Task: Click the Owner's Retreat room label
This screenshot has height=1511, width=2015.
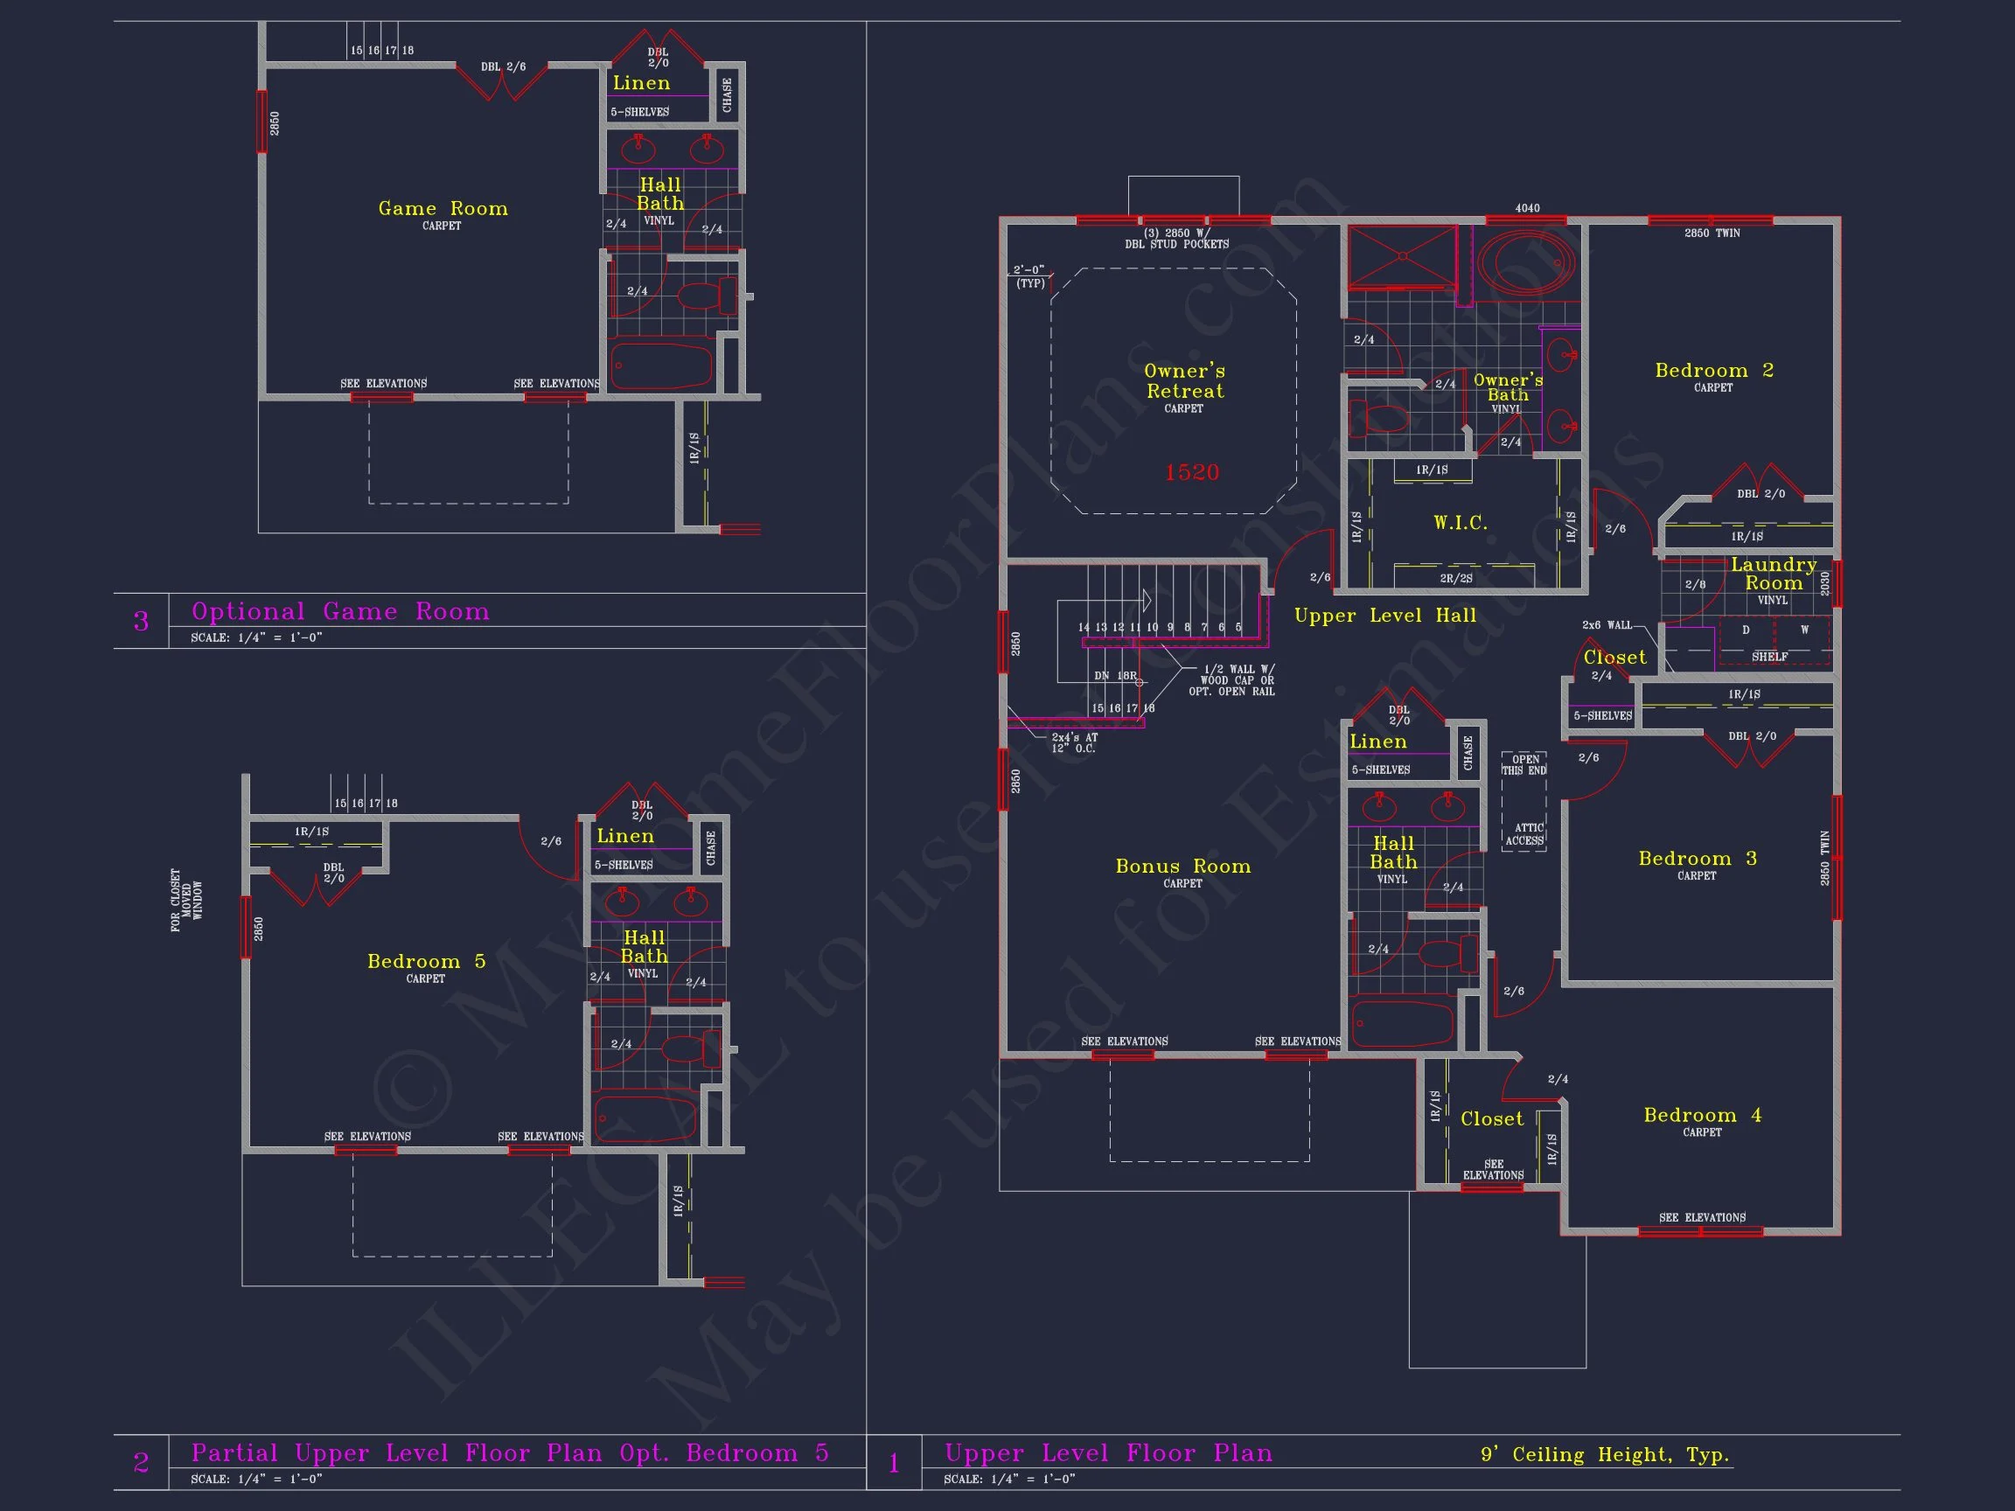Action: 1184,380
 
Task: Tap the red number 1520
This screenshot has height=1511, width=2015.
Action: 1191,472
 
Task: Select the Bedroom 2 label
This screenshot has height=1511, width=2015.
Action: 1713,371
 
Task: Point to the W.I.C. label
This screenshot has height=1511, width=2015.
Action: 1461,523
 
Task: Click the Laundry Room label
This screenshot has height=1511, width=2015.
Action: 1773,574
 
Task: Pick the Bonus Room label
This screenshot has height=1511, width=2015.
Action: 1182,867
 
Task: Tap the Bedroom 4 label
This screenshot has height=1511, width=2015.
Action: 1702,1116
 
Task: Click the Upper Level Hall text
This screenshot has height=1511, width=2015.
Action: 1384,616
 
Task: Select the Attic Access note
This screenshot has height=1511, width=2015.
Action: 1523,834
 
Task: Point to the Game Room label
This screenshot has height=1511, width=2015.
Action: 443,209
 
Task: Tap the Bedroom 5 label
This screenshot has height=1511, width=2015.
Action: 426,962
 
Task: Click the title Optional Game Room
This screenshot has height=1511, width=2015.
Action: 340,611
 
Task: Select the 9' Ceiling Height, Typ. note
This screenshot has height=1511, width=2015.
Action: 1604,1454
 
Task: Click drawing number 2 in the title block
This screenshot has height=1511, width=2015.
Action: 141,1463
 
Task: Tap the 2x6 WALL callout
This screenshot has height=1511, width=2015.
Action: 1607,625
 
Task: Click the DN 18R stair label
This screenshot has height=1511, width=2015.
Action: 1114,676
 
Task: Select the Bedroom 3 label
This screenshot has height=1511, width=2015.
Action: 1696,859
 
